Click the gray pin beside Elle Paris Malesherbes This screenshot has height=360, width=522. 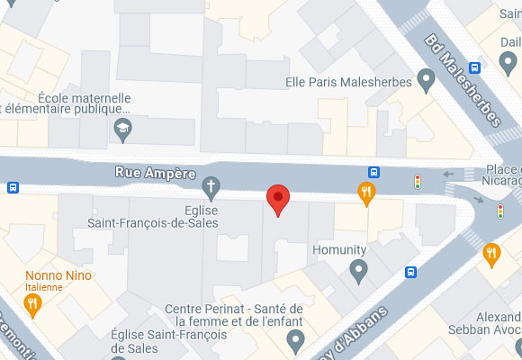[x=427, y=82]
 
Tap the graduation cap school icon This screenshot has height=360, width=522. [x=121, y=131]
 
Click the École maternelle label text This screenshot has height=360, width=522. [x=85, y=98]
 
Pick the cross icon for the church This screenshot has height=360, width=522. [x=211, y=188]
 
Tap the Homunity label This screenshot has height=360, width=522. [x=338, y=249]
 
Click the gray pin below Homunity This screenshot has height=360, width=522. [x=359, y=268]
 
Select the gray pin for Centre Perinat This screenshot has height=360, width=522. [x=295, y=339]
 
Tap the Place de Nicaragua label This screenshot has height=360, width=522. [x=503, y=175]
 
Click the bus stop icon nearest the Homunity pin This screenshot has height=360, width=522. [x=410, y=272]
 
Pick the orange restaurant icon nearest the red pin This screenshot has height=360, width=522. [x=365, y=191]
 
